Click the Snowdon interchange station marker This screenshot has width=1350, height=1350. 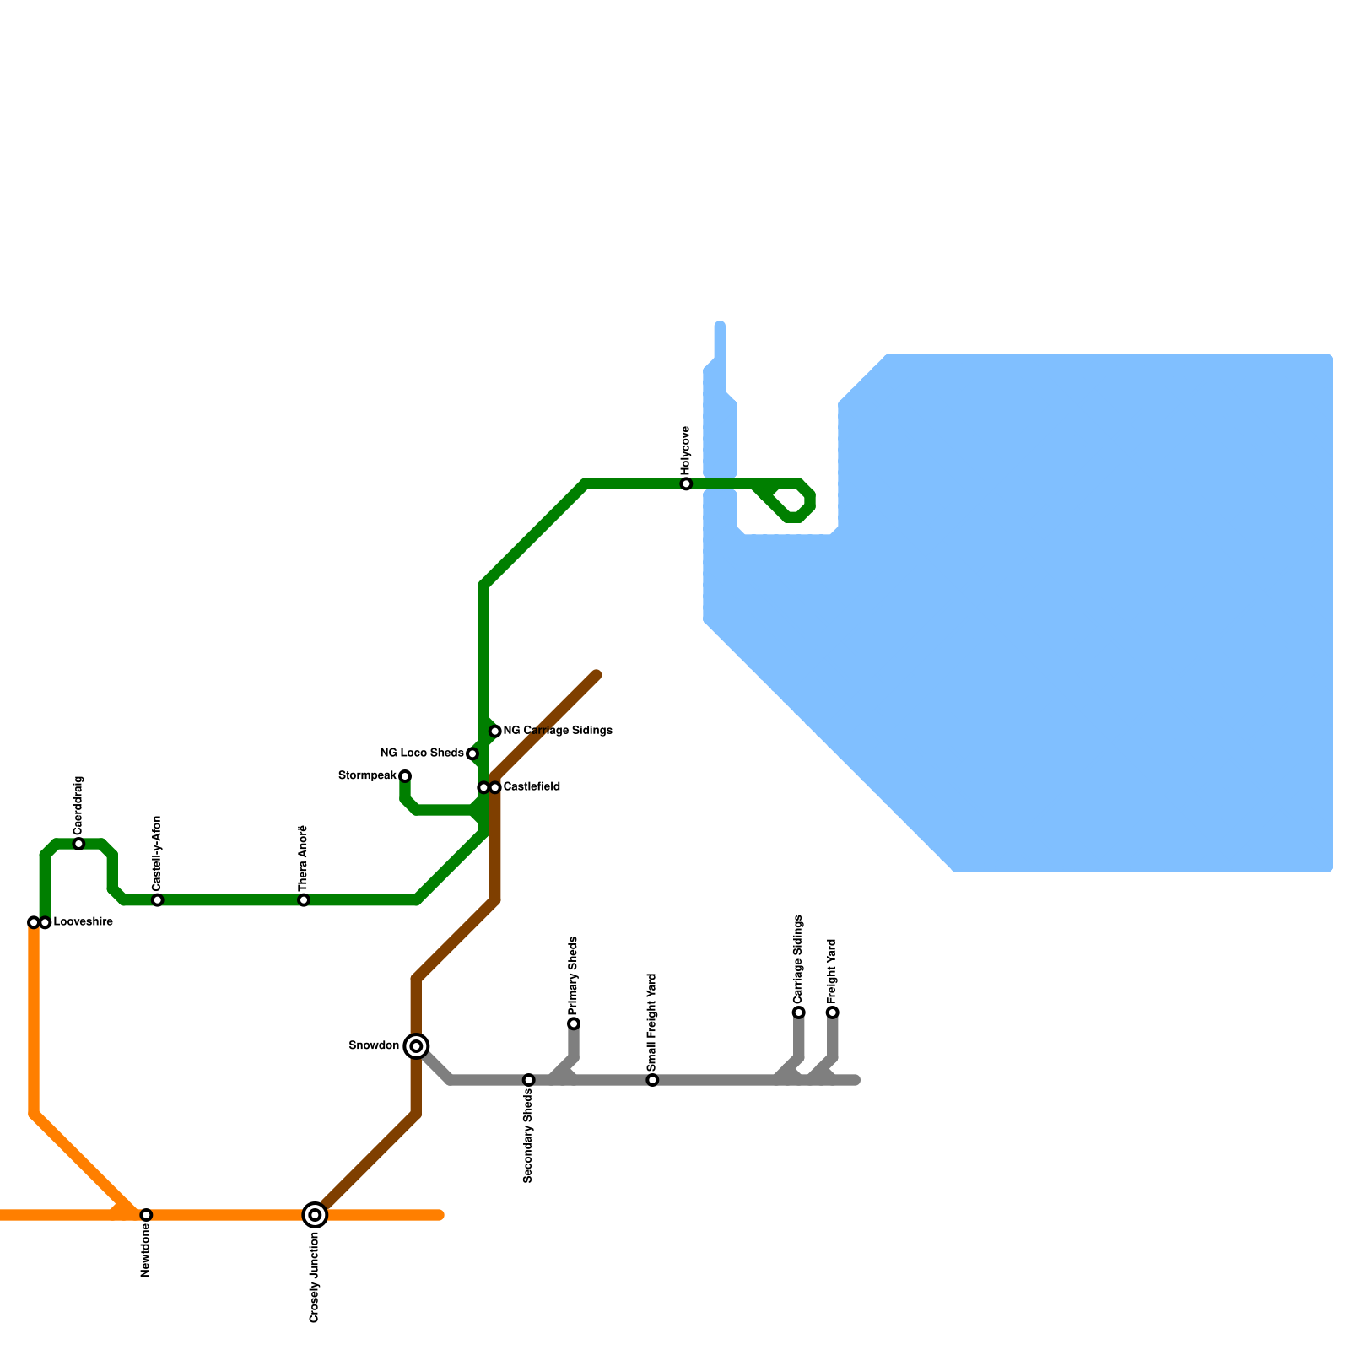tap(416, 1046)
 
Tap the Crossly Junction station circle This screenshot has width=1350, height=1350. tap(315, 1215)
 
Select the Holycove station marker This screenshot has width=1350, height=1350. tap(686, 484)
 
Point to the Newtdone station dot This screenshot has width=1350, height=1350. tap(146, 1215)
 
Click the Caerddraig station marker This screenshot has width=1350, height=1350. tap(78, 844)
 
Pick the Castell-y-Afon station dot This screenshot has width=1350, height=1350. tap(158, 900)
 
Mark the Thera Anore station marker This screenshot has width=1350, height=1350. tap(304, 900)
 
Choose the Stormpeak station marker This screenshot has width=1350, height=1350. tap(405, 776)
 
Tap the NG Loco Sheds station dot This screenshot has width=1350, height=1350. tap(472, 753)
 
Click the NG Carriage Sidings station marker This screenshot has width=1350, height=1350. tap(495, 731)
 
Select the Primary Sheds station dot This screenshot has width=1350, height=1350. tap(574, 1023)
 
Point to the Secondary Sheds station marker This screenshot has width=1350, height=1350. tap(529, 1080)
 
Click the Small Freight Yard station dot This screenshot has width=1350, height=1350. tap(652, 1080)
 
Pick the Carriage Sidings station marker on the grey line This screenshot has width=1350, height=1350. tap(798, 1012)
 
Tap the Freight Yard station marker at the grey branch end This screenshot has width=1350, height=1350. tap(833, 1012)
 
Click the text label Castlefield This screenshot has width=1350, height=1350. tap(532, 787)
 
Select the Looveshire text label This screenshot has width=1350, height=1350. tap(83, 922)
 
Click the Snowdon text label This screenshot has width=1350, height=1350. tap(374, 1046)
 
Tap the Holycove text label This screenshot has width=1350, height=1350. tap(686, 450)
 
